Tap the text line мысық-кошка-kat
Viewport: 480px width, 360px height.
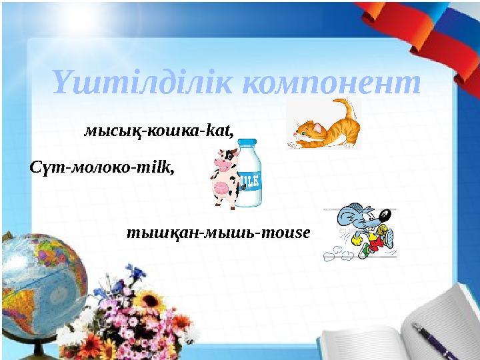pos(159,131)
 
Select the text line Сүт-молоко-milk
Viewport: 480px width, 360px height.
pos(103,167)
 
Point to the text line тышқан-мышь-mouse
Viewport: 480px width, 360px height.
pos(219,234)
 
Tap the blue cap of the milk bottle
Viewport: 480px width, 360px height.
pos(247,144)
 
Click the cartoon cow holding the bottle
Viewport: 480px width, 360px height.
pos(225,180)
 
